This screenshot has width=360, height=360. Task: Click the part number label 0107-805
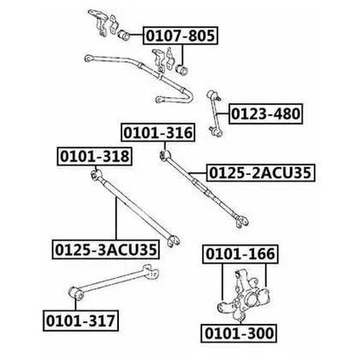point(180,36)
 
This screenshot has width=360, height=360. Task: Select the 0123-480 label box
point(266,114)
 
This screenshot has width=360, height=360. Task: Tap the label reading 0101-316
point(158,132)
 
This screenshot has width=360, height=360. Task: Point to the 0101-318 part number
point(94,156)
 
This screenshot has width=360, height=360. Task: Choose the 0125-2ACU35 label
point(261,173)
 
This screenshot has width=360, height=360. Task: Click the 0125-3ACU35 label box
point(106,249)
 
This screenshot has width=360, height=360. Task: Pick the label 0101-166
point(240,254)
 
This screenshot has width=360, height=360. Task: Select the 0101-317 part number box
point(81,321)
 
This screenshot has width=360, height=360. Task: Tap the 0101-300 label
point(239,333)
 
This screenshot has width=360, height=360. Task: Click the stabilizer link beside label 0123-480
point(215,114)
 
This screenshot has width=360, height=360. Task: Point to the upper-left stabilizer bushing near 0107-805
point(124,35)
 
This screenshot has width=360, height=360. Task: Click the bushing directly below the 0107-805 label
point(181,70)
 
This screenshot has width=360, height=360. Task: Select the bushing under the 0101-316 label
point(165,155)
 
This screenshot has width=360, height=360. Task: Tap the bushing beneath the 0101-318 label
point(97,174)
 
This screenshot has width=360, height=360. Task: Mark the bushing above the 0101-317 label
point(76,293)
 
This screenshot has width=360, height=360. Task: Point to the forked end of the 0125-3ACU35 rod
point(174,240)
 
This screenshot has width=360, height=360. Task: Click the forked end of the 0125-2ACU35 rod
point(242,222)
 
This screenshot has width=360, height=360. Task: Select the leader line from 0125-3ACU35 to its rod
point(117,218)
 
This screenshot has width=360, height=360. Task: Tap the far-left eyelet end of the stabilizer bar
point(89,58)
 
